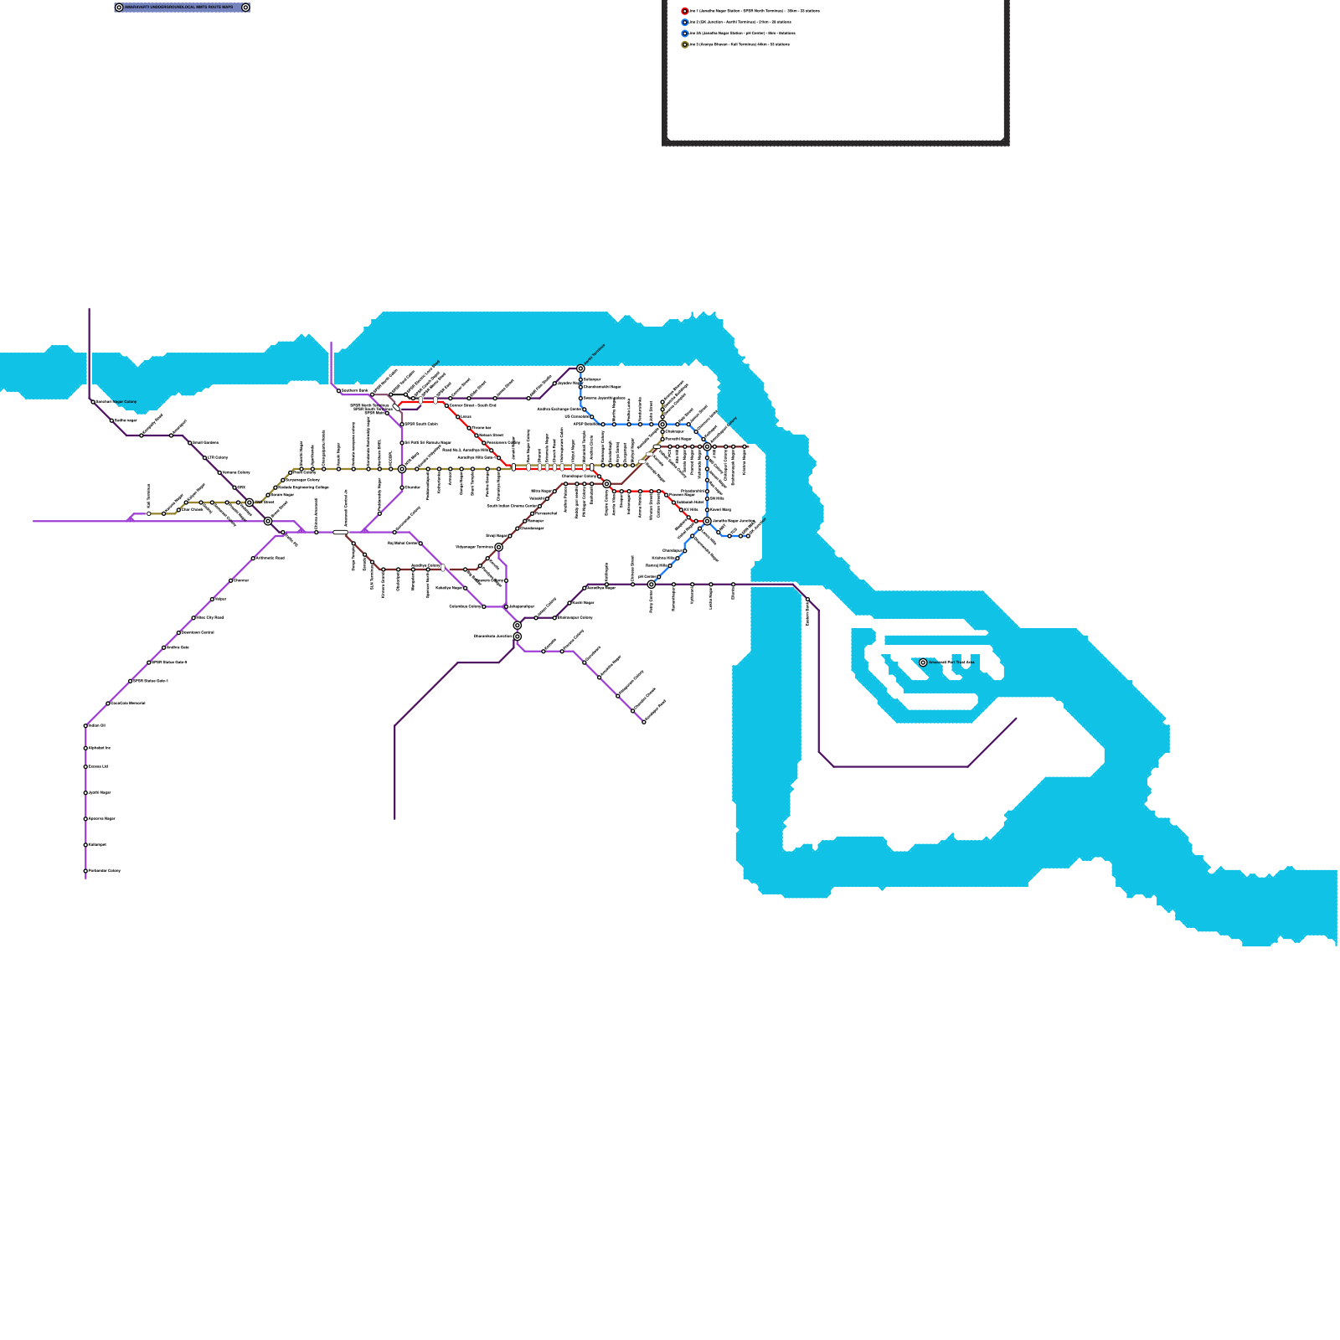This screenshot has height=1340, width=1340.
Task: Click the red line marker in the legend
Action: pos(685,11)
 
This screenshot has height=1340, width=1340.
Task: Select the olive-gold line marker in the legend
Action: pos(685,44)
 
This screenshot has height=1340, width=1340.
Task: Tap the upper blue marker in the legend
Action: pos(685,23)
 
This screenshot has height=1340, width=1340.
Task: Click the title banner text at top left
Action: pos(179,8)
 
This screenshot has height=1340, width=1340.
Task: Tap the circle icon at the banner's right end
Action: pos(245,8)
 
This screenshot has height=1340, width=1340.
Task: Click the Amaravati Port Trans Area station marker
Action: pos(923,662)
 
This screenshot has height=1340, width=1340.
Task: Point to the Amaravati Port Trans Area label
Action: pos(951,662)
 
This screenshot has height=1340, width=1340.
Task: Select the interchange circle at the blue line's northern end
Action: pos(580,368)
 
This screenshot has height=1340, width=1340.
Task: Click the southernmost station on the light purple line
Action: pos(85,871)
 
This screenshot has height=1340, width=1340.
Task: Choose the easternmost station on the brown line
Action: pos(745,447)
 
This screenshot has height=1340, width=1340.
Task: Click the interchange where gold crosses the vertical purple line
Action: pos(402,469)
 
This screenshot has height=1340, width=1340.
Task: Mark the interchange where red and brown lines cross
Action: pos(606,484)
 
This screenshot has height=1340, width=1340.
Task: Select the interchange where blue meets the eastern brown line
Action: pos(707,447)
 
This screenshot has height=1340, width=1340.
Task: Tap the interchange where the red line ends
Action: pos(707,521)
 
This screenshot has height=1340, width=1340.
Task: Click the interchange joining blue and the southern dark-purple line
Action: pos(651,585)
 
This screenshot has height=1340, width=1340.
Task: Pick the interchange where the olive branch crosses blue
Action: pos(662,425)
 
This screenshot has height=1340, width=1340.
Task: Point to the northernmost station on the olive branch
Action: pos(662,402)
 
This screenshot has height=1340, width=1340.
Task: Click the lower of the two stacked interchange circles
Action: pos(518,636)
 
